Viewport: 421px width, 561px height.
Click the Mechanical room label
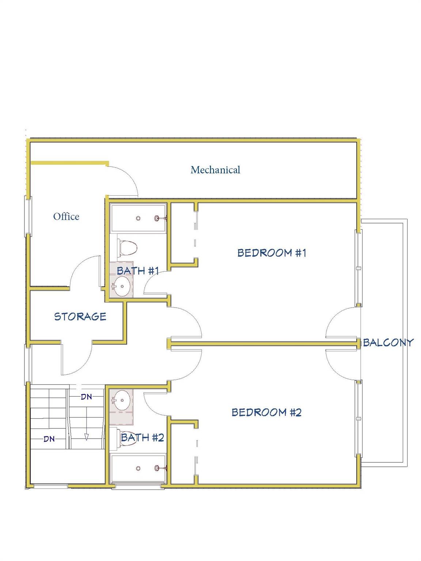215,170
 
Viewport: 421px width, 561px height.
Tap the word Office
66,217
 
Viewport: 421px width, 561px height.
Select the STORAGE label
80,317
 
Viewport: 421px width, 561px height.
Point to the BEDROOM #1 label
272,253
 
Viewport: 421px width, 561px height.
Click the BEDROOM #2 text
267,412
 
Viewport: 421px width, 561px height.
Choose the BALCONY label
388,343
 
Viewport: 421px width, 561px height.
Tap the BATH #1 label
138,271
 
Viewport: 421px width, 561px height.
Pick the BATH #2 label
143,438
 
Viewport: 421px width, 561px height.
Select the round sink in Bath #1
122,286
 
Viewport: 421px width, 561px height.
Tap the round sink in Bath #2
122,400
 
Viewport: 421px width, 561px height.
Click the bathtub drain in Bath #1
138,218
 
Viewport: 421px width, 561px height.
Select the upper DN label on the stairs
86,397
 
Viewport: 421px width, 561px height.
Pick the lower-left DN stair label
49,439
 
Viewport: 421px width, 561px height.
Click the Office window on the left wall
28,216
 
